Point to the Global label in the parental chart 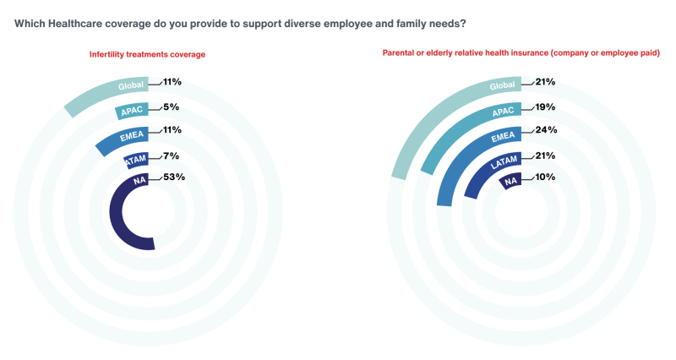tap(502, 85)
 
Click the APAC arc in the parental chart tap(439, 144)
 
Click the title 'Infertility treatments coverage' tap(148, 55)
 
